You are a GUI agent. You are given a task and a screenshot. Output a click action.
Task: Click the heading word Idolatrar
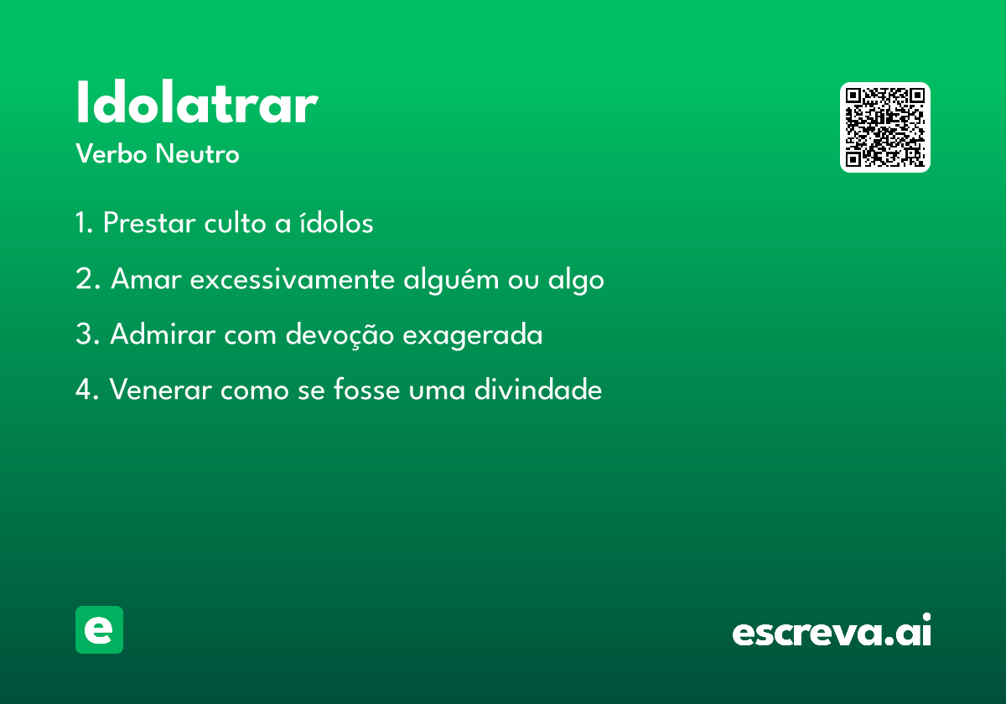point(197,101)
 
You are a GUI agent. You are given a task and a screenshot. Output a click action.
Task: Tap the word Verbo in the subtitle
point(111,154)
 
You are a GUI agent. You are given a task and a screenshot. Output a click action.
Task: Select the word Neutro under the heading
point(197,154)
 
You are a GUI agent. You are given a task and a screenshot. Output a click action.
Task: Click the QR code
point(884,127)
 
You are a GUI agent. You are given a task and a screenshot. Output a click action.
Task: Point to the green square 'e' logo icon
point(99,629)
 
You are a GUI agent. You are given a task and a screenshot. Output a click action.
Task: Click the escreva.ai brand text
point(832,630)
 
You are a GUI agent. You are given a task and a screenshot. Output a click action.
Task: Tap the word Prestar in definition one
point(149,222)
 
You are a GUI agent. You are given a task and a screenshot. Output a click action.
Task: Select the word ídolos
point(336,222)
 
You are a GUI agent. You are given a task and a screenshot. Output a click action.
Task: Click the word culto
point(235,222)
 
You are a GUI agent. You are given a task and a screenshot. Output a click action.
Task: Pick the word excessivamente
point(293,279)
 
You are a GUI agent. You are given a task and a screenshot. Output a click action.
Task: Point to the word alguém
point(451,280)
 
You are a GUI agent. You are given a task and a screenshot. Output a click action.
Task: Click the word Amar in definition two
point(146,279)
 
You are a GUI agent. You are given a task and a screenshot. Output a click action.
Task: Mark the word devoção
point(340,336)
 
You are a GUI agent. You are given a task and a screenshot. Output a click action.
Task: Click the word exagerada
point(473,336)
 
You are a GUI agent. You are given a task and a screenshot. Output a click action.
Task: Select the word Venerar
point(160,389)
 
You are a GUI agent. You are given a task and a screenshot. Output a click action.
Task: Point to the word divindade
point(538,389)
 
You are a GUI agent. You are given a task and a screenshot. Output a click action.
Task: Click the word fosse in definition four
point(366,389)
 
